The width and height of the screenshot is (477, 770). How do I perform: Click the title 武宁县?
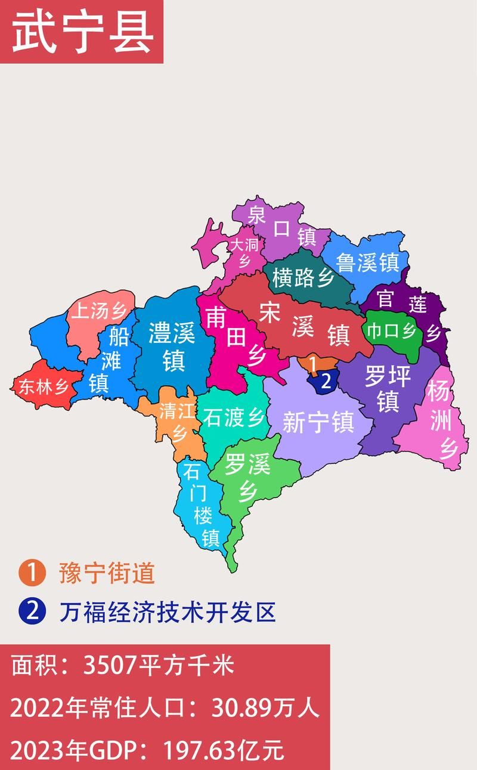click(x=82, y=32)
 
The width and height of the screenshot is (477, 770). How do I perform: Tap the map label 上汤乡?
click(x=99, y=311)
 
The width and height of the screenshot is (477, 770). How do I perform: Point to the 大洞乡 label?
click(x=245, y=253)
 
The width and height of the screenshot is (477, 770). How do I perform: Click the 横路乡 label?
click(x=303, y=277)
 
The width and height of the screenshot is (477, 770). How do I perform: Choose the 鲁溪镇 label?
click(x=367, y=262)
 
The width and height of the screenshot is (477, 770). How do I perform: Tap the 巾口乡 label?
click(x=391, y=330)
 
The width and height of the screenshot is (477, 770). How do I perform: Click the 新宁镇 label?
click(x=318, y=422)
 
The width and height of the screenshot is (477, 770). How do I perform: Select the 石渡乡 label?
click(x=233, y=417)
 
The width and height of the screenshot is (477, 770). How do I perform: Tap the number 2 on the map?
click(x=326, y=382)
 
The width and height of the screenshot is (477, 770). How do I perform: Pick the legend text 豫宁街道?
click(x=107, y=574)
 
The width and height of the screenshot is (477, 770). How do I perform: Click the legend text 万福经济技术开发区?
click(x=168, y=612)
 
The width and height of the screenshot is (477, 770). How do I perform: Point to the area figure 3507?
click(x=109, y=666)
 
